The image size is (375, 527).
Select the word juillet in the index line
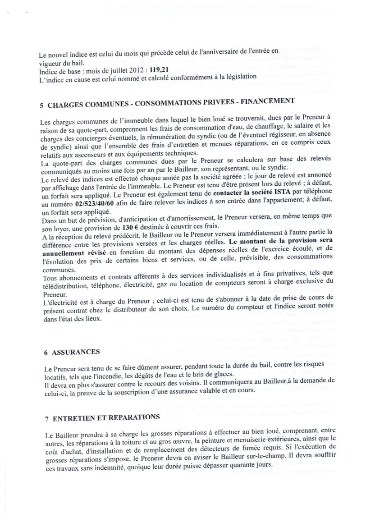tap(104, 71)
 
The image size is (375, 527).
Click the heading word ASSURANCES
tap(76, 352)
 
